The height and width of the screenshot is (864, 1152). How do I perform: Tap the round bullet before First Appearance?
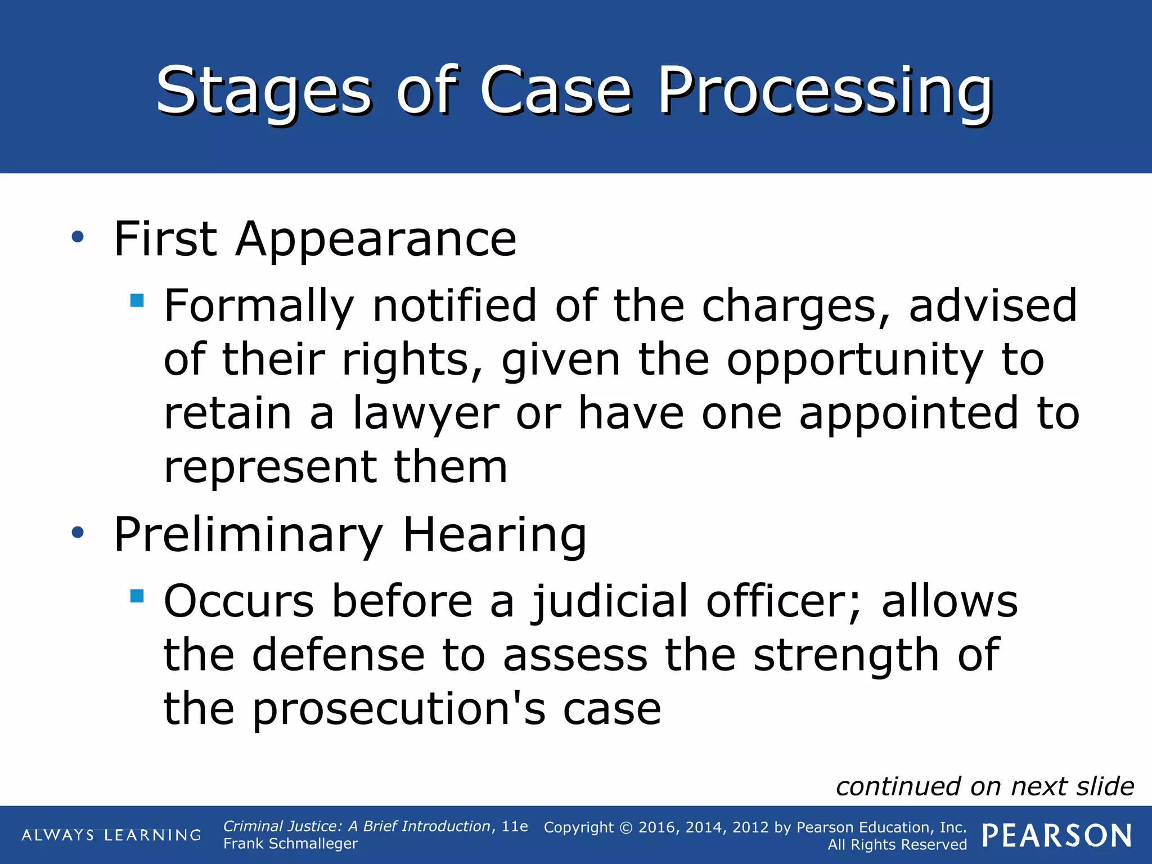point(78,237)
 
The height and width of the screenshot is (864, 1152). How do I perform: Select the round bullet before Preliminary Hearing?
point(78,532)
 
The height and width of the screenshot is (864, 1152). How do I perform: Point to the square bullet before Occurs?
point(137,595)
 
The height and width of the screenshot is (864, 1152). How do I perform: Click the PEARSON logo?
point(1056,836)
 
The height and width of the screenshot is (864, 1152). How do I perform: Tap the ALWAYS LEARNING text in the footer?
point(111,835)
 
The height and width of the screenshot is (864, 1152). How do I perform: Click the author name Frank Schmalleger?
point(290,844)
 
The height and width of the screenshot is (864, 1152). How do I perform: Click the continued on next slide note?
point(984,786)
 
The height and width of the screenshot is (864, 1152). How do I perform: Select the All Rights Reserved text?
point(897,845)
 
